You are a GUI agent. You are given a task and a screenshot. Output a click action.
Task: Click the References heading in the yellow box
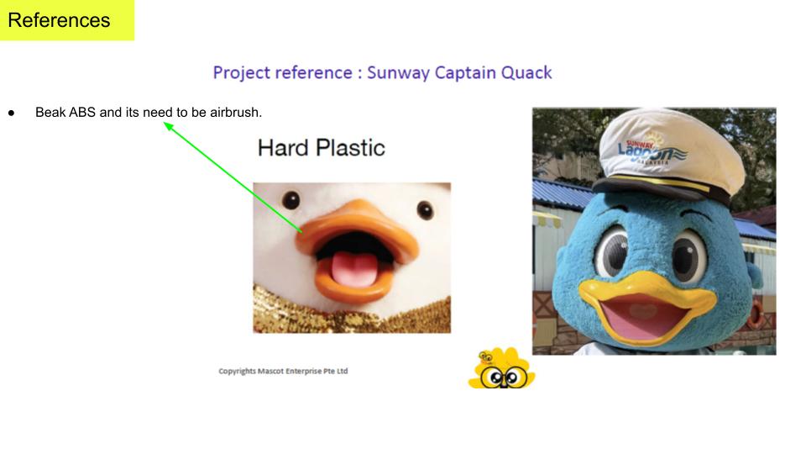point(59,20)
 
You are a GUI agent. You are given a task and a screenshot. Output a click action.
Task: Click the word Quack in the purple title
point(526,72)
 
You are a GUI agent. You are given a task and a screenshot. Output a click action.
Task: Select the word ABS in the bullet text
point(82,112)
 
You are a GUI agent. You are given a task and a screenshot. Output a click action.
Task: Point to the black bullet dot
point(11,113)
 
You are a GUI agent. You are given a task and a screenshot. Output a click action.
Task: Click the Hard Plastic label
point(322,148)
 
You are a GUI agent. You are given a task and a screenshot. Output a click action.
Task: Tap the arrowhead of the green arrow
point(169,126)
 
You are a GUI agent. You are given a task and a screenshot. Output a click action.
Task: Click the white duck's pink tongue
point(353,268)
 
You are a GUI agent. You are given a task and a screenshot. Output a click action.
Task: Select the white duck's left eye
point(290,200)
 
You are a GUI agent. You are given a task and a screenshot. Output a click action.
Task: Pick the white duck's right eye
point(425,209)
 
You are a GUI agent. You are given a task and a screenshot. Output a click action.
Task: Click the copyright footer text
point(283,371)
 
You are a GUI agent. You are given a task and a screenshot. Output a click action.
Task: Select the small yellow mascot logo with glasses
point(502,368)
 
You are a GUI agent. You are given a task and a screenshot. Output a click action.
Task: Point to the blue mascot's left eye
point(612,251)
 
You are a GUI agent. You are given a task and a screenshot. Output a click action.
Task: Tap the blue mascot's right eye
point(688,256)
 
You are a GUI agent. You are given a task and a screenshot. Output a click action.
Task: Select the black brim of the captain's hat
point(663,189)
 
